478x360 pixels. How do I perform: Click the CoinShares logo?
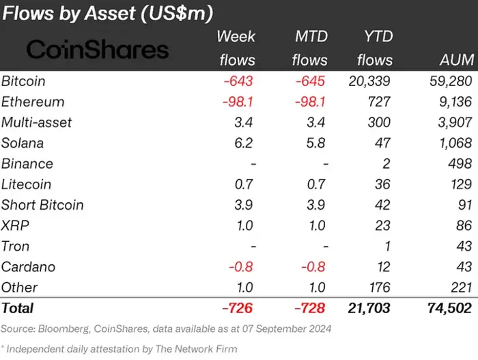pyautogui.click(x=97, y=49)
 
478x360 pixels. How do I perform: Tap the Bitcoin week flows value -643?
pyautogui.click(x=238, y=81)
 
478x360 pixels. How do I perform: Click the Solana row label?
pyautogui.click(x=23, y=143)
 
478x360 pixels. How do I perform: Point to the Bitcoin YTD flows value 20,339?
pyautogui.click(x=367, y=81)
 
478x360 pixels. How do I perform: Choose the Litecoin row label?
pyautogui.click(x=26, y=184)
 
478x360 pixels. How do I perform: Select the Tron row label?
pyautogui.click(x=15, y=246)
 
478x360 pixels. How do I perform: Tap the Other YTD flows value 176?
pyautogui.click(x=379, y=288)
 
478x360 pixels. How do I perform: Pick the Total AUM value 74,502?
pyautogui.click(x=447, y=309)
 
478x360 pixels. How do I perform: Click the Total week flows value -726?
pyautogui.click(x=238, y=309)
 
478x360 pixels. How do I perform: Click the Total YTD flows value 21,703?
pyautogui.click(x=367, y=309)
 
